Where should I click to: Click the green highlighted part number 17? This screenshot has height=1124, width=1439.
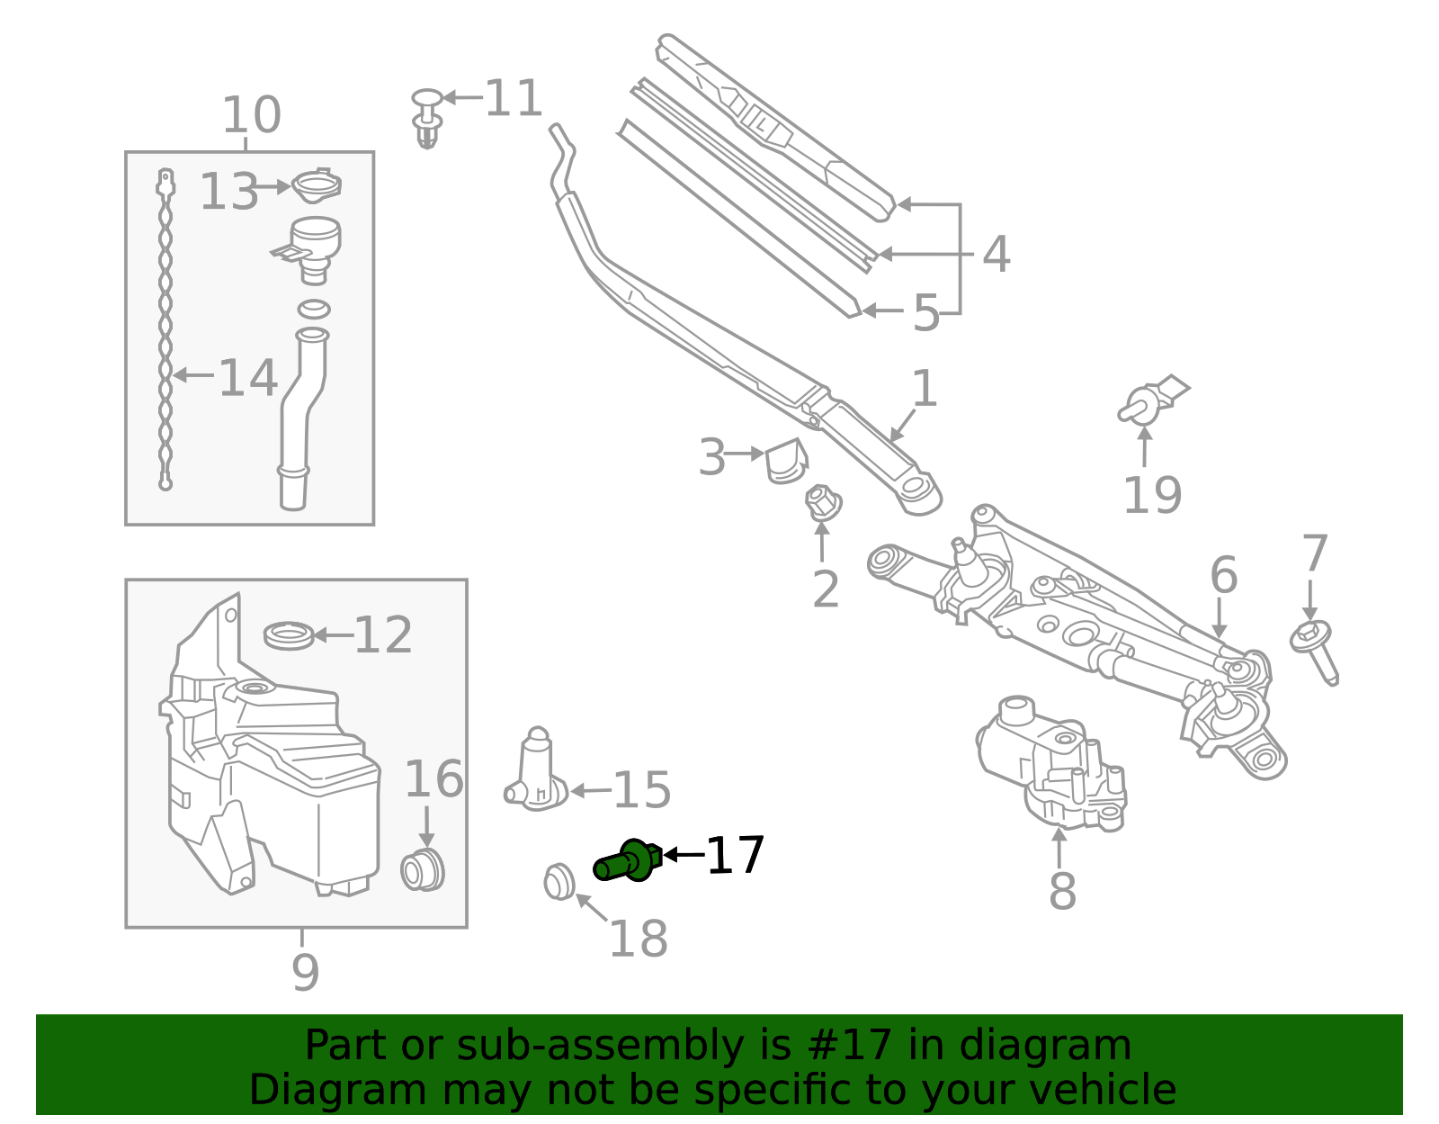[628, 860]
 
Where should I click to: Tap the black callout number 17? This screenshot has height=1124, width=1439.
[735, 855]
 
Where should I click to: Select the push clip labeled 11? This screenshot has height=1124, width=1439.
[428, 117]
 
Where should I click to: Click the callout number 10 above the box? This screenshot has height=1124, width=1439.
[251, 115]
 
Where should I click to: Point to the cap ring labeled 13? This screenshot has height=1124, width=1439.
[316, 186]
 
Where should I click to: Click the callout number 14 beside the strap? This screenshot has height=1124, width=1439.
[247, 377]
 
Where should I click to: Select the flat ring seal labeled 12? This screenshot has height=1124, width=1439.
[289, 635]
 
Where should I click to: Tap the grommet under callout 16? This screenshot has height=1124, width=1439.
[422, 869]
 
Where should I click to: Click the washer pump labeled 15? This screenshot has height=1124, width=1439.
[537, 773]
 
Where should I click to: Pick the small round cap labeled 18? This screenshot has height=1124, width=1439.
[559, 881]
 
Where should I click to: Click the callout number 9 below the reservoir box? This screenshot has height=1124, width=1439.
[305, 972]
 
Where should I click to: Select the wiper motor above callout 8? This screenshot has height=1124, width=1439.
[1050, 760]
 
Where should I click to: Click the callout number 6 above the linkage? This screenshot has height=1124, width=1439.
[1223, 575]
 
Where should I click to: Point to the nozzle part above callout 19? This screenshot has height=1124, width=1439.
[1151, 402]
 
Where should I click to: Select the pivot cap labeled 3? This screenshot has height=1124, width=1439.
[785, 461]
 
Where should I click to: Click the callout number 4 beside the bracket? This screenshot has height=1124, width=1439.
[996, 255]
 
